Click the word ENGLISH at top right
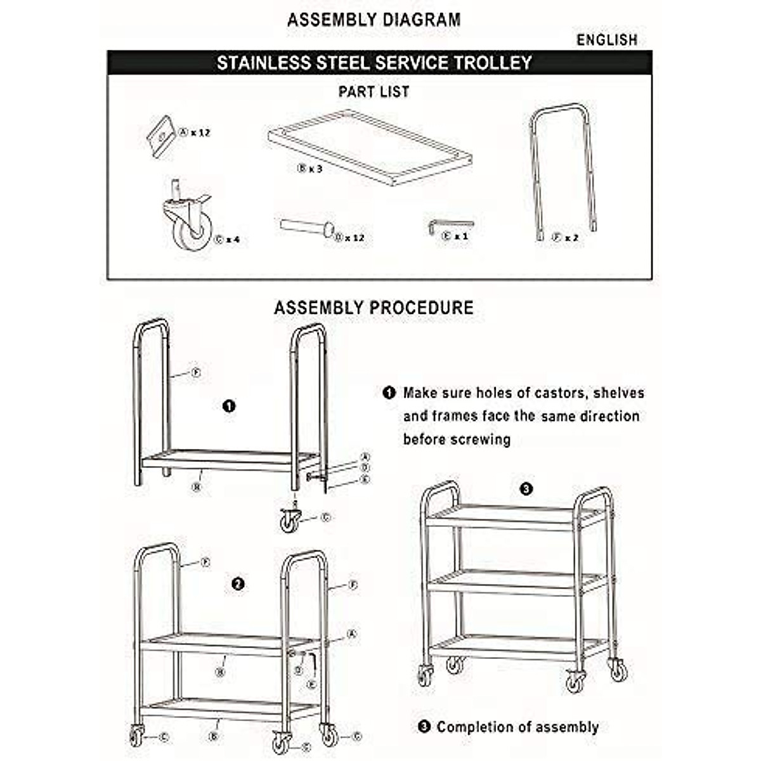(x=606, y=40)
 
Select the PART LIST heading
(x=374, y=92)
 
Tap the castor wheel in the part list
(x=191, y=222)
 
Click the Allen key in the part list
(x=450, y=226)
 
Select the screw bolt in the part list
(x=308, y=226)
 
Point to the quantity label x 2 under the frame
(x=571, y=238)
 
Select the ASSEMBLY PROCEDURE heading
(x=374, y=308)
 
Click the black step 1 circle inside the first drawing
(x=230, y=406)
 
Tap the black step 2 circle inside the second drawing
(x=238, y=584)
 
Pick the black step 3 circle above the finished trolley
(x=526, y=489)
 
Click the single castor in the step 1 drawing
(x=291, y=519)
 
